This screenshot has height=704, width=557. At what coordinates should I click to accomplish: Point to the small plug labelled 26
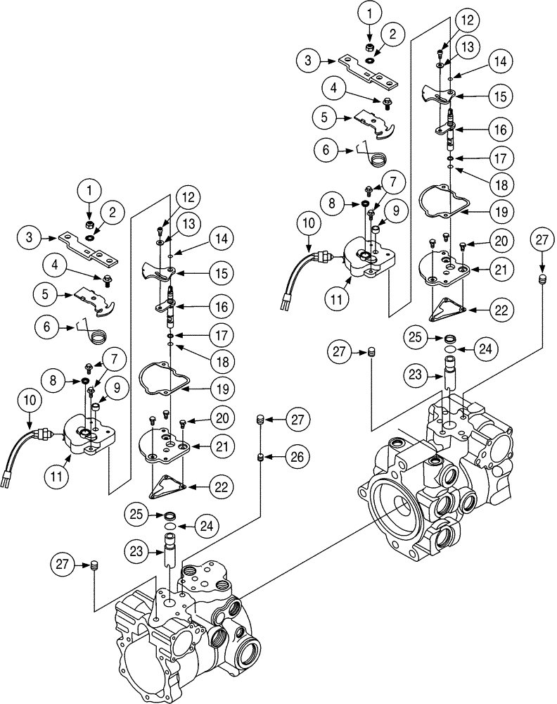click(x=261, y=458)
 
